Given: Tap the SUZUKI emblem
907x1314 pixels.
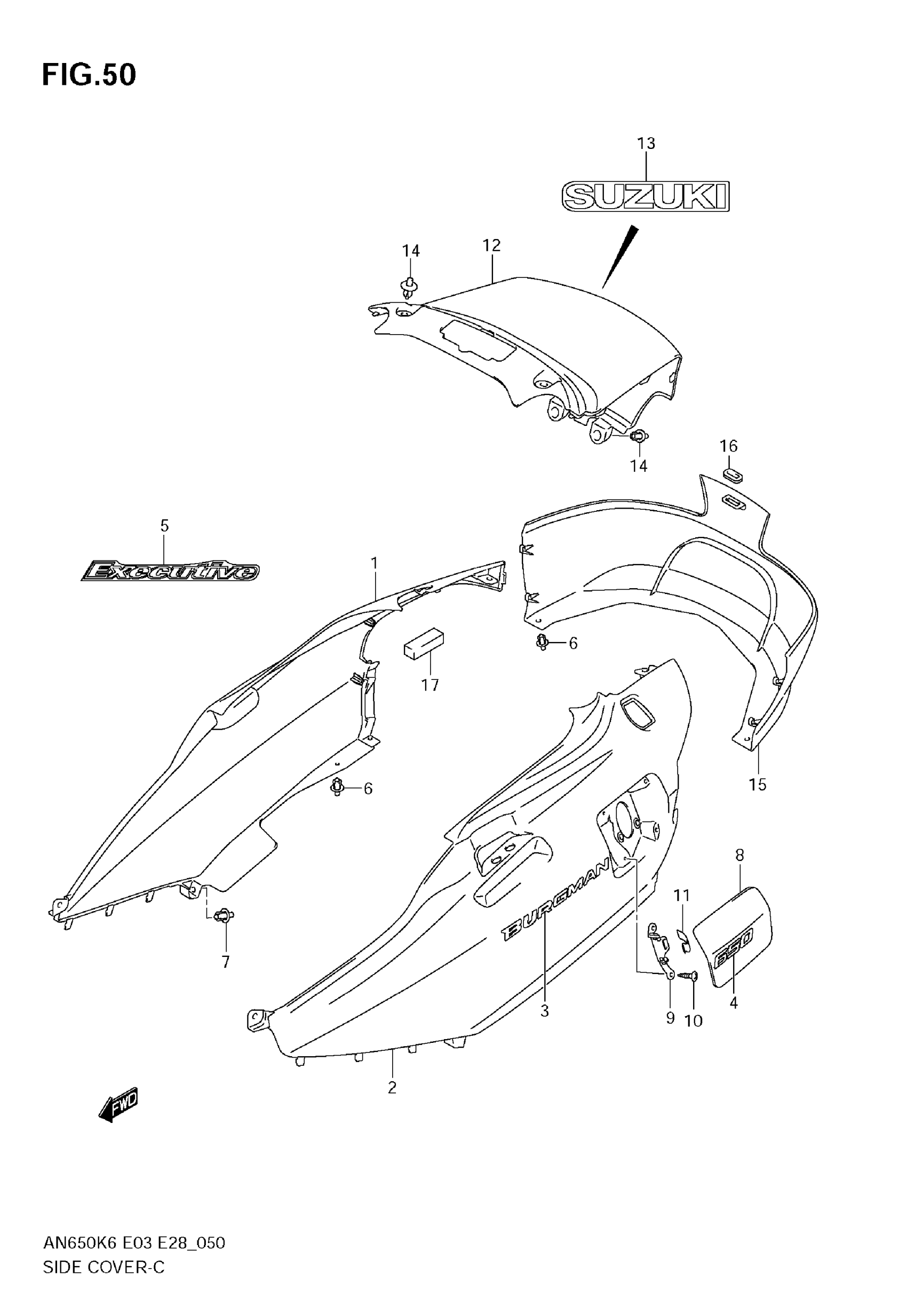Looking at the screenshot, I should click(x=645, y=196).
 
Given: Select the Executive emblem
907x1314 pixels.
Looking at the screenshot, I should click(x=170, y=571).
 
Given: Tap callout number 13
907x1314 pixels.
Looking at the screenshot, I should click(x=646, y=144).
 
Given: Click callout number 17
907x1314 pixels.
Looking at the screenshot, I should click(x=429, y=685).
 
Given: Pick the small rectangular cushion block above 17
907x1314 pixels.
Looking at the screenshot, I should click(x=424, y=643).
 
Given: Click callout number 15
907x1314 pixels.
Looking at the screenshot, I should click(x=758, y=785).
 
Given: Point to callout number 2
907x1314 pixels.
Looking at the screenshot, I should click(x=392, y=1088).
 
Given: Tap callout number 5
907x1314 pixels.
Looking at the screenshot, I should click(x=164, y=526).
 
